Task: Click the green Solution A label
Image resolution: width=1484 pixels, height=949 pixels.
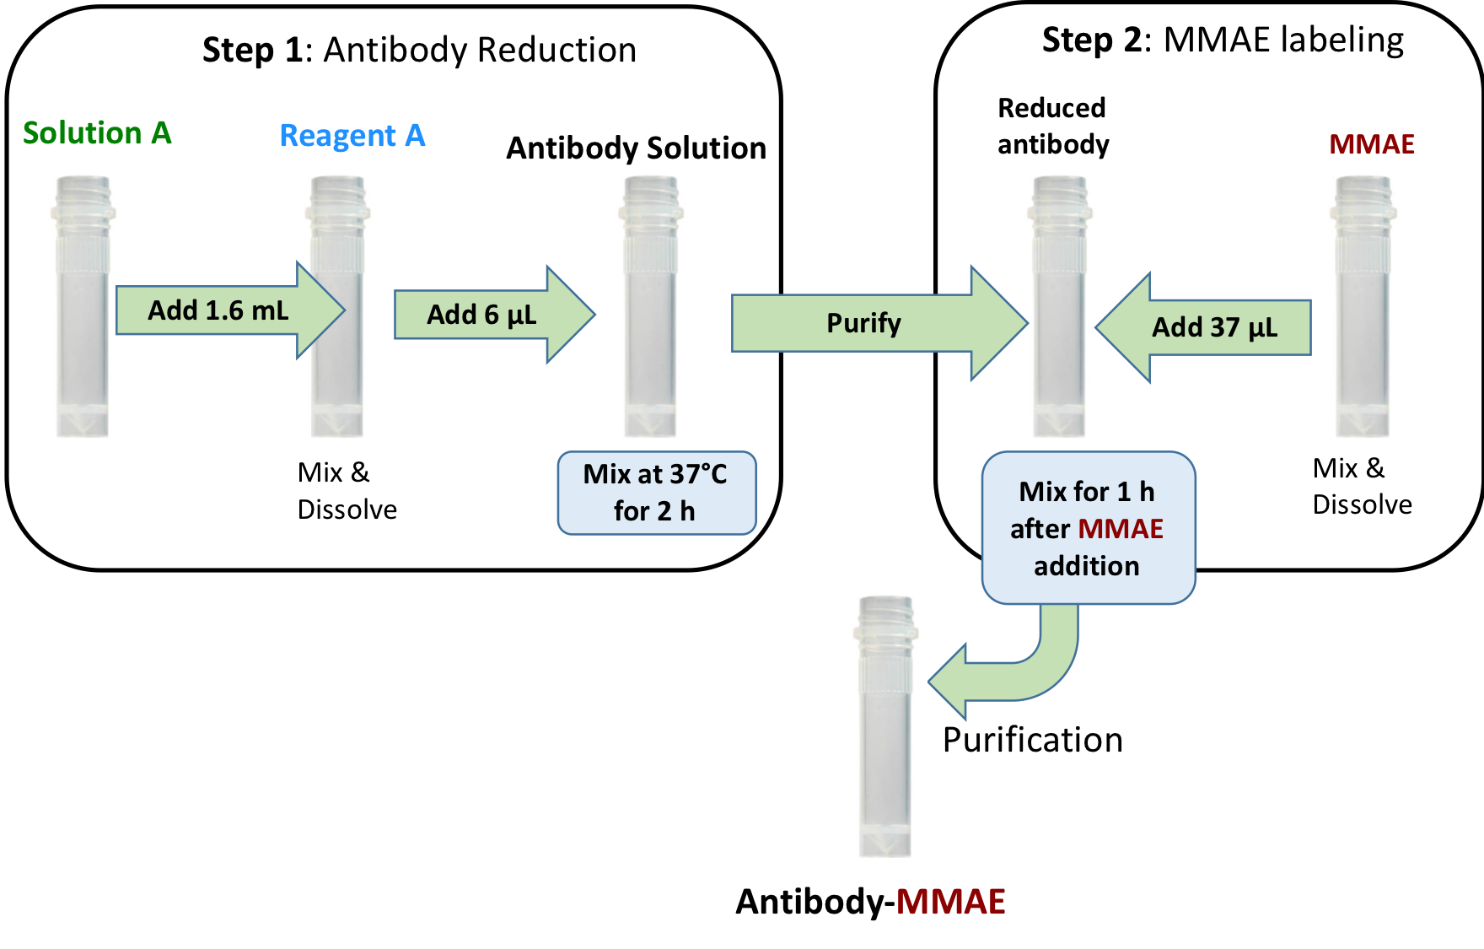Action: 97,133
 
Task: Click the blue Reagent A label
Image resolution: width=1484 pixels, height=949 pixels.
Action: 352,136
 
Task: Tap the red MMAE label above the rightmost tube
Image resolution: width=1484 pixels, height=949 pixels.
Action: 1372,145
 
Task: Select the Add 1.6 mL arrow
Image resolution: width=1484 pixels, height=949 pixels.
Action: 223,310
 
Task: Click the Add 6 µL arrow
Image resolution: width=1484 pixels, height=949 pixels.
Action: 489,314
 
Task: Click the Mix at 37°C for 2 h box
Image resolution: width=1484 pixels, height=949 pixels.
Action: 656,493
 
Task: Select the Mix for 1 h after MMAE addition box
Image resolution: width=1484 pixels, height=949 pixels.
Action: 1088,527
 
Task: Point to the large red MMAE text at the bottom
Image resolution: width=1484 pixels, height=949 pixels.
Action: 950,902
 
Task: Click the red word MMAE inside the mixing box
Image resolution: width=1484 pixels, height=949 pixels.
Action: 1121,529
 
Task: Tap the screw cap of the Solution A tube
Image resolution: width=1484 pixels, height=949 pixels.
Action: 83,198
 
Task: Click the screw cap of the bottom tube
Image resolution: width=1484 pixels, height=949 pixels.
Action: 885,618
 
